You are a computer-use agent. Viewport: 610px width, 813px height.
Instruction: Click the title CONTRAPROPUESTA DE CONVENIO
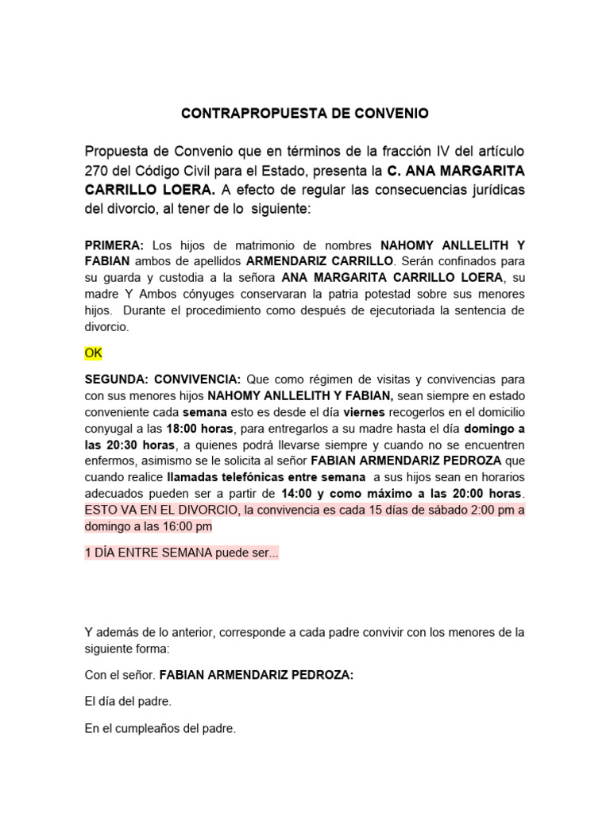tap(304, 114)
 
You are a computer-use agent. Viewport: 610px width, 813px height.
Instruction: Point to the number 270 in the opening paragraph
tap(98, 171)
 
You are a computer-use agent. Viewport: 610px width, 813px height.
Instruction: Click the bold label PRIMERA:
tap(114, 245)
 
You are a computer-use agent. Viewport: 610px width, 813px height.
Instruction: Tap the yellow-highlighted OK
tap(94, 352)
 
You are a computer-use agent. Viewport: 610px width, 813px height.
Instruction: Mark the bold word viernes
tap(364, 412)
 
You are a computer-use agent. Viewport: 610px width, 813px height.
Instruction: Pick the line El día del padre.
tap(128, 701)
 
